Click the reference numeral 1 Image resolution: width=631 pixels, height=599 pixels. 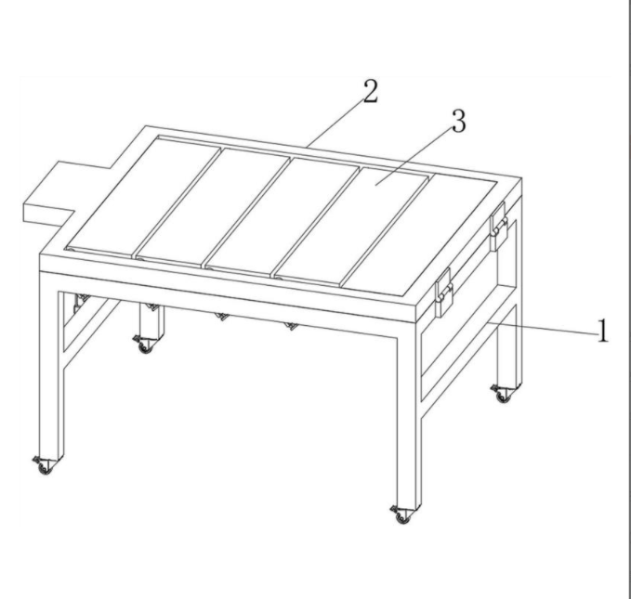point(602,331)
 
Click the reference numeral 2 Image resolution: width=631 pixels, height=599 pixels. point(371,91)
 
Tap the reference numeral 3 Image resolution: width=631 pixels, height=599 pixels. point(459,121)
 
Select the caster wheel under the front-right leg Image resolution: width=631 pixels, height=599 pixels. point(401,514)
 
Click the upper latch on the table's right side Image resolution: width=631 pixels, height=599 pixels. point(499,227)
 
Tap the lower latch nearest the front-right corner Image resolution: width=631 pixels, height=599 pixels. point(444,293)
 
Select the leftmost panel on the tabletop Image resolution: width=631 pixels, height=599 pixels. point(143,197)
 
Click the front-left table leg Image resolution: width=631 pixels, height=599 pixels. point(51,365)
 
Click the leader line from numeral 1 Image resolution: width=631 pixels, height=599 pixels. point(542,327)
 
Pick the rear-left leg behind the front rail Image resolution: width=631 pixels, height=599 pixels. point(151,320)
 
